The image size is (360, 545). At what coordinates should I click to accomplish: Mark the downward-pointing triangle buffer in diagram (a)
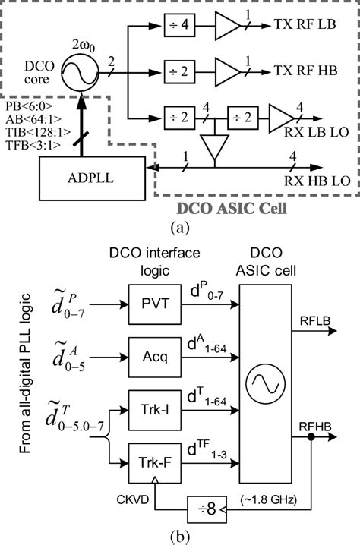click(214, 153)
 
